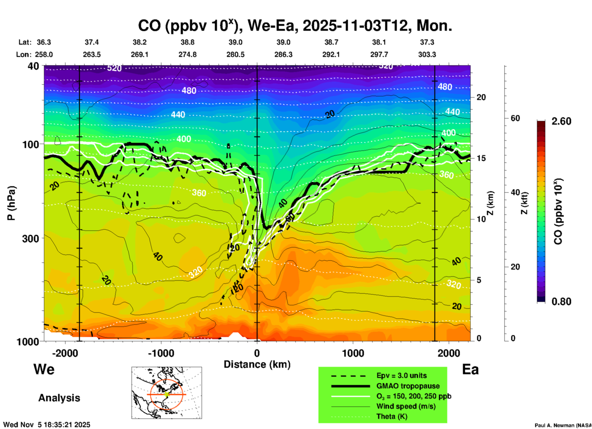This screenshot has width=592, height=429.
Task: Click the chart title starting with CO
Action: [x=295, y=26]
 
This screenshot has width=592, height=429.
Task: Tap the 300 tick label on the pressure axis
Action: [x=31, y=239]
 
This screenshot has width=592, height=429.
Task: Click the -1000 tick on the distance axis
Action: [x=161, y=353]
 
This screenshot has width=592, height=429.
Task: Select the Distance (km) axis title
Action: [x=257, y=364]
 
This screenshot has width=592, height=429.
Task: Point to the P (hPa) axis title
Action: [x=11, y=203]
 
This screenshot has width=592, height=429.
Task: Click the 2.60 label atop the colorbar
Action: [x=561, y=121]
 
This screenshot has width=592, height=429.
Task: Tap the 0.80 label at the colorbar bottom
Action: [x=561, y=301]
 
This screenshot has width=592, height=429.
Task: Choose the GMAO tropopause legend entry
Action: [x=408, y=386]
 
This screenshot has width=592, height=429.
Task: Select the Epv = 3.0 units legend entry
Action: [x=401, y=375]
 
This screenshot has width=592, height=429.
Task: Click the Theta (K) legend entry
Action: [x=392, y=417]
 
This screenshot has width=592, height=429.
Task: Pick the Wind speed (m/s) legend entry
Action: [x=406, y=406]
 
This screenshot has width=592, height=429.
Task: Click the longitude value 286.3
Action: [x=283, y=54]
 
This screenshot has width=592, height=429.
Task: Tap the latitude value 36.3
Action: [x=44, y=42]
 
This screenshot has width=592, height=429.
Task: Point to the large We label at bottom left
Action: [x=44, y=369]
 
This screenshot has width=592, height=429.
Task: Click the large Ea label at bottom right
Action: [x=470, y=370]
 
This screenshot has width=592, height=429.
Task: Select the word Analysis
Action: [x=59, y=398]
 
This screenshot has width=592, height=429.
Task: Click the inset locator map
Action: [x=167, y=392]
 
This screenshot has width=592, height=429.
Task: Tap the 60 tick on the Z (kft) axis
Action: [x=515, y=118]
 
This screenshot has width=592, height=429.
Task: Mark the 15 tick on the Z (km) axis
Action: [x=481, y=158]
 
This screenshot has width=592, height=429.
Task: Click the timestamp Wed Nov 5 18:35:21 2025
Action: [x=47, y=425]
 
